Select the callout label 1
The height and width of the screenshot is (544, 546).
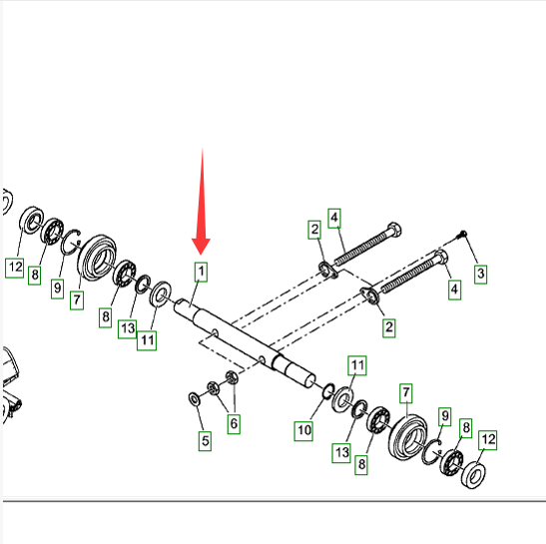[201, 272]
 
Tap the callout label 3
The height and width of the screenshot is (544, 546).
[480, 273]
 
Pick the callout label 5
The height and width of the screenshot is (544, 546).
[205, 441]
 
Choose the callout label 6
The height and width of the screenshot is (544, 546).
[234, 423]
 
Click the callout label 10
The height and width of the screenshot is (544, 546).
[303, 431]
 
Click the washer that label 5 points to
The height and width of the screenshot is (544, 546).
[194, 399]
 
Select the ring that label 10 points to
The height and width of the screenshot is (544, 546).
[328, 391]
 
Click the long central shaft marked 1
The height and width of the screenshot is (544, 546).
[244, 341]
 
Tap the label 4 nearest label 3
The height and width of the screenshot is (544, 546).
[454, 289]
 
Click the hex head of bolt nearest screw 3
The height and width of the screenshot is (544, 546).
[441, 258]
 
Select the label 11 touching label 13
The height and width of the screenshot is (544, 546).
[147, 340]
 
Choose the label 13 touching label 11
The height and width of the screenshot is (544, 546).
[128, 328]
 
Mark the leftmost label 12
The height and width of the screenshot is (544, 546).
[15, 268]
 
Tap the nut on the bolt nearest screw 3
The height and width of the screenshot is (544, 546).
[369, 294]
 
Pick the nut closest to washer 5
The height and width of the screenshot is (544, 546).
[213, 387]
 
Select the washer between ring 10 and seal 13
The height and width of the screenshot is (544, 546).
[343, 399]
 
